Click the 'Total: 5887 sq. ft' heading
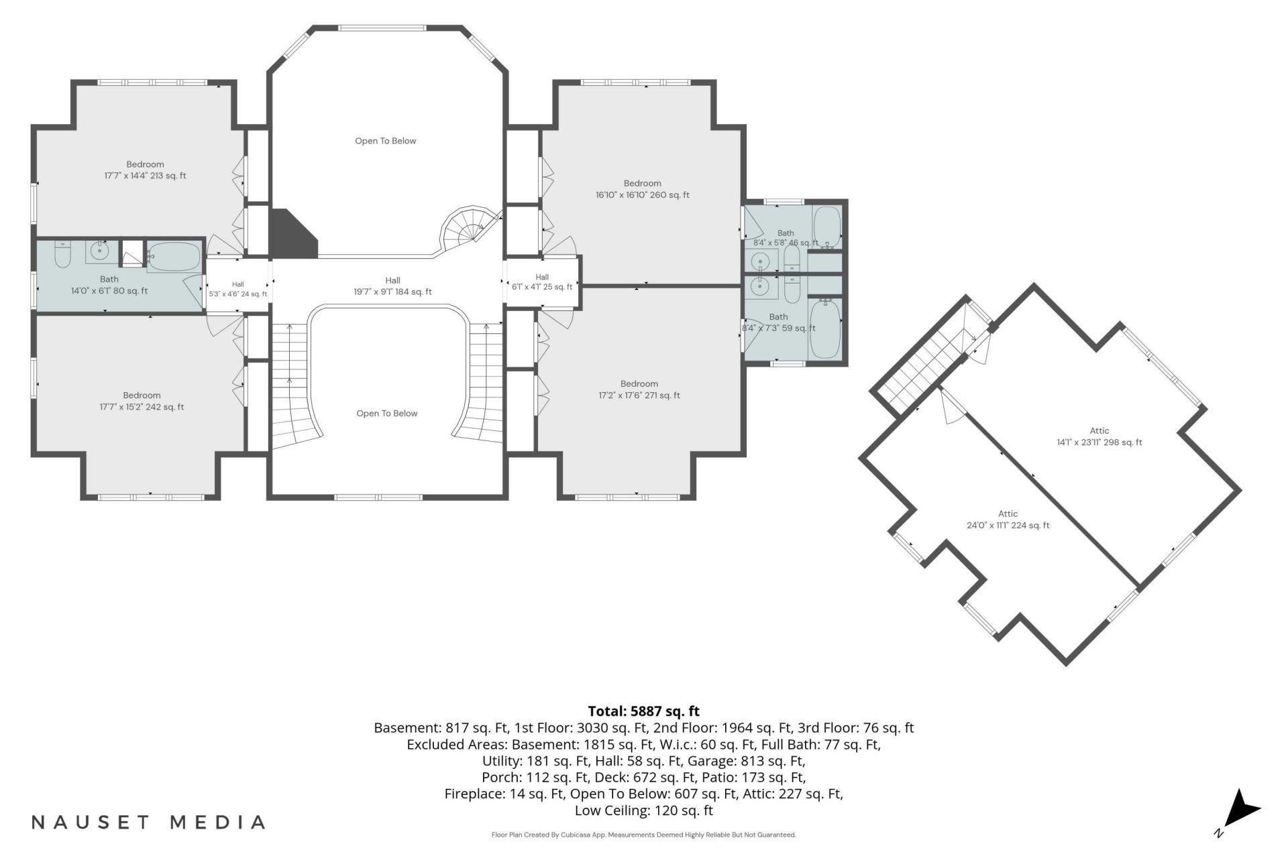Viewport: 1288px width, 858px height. (643, 711)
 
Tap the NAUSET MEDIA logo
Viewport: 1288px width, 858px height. (148, 822)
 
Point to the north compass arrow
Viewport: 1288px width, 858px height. (1242, 810)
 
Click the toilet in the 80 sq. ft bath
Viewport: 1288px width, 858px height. (62, 253)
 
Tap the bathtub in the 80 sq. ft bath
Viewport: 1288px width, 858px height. (173, 256)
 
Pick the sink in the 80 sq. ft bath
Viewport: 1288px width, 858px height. (101, 251)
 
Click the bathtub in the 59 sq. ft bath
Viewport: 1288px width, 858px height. (824, 329)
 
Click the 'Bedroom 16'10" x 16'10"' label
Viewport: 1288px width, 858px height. (643, 189)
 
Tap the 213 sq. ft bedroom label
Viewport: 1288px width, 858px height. (145, 170)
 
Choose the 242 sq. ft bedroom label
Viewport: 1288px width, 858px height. (142, 401)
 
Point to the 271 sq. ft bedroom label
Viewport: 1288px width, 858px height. (639, 389)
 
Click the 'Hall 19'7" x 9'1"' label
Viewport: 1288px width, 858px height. (393, 286)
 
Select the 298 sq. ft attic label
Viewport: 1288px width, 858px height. (1099, 436)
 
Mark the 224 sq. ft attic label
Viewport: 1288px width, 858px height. (1008, 519)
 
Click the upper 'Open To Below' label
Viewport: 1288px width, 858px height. (386, 141)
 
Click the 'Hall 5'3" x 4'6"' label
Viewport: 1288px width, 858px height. (238, 289)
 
